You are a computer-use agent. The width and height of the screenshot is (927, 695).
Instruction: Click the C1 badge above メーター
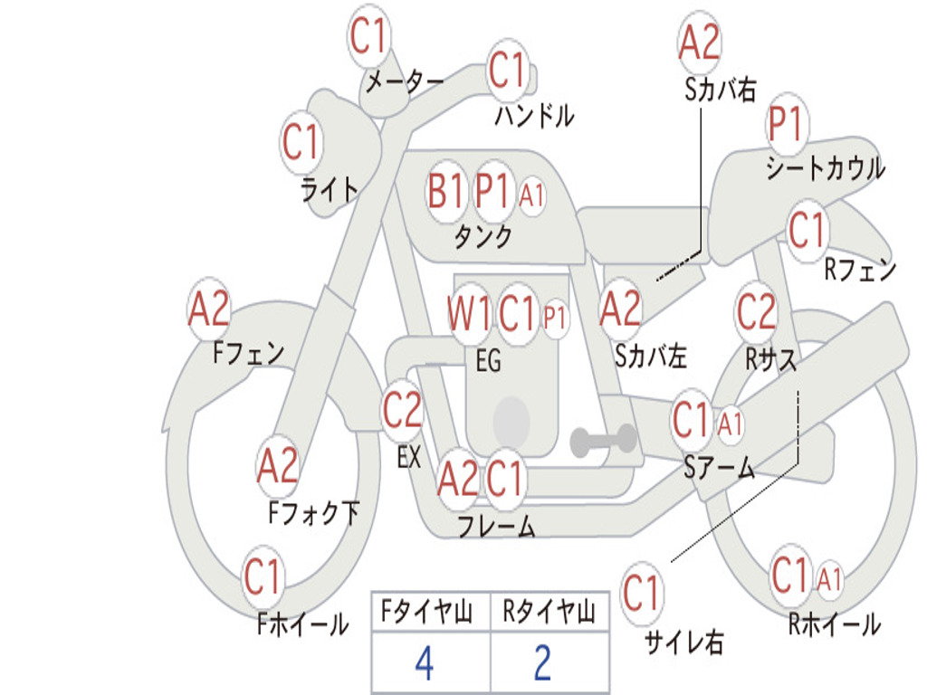[x=368, y=35]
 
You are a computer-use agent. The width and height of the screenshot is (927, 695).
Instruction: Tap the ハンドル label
[x=534, y=115]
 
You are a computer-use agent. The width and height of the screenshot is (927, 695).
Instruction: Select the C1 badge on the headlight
[x=301, y=142]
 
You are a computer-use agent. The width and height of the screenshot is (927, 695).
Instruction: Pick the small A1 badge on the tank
[x=531, y=195]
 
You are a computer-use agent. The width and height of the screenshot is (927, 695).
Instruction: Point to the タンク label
[x=483, y=237]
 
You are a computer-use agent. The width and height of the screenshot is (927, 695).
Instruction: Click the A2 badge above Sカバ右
[x=700, y=42]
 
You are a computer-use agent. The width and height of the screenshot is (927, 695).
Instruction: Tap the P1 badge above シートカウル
[x=787, y=123]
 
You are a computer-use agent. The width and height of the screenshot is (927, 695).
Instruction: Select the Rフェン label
[x=860, y=270]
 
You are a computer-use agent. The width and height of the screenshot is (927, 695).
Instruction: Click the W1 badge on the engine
[x=469, y=312]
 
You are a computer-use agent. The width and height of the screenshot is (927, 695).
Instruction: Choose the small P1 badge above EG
[x=555, y=318]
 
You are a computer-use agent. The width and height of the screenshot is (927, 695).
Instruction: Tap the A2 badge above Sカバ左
[x=620, y=309]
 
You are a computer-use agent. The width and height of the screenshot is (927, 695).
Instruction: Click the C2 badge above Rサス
[x=756, y=311]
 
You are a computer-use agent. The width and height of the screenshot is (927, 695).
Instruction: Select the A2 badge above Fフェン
[x=209, y=309]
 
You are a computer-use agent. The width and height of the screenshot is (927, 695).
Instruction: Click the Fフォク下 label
[x=313, y=512]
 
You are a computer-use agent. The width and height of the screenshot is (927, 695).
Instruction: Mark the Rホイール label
[x=834, y=624]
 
